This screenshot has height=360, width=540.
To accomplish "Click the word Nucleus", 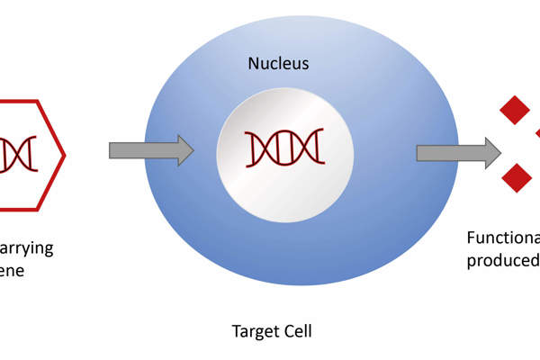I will pyautogui.click(x=278, y=64).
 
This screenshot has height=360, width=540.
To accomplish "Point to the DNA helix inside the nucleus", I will pyautogui.click(x=284, y=147).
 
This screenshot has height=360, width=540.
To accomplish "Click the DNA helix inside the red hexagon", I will pyautogui.click(x=17, y=152).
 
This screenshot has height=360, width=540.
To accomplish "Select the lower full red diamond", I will pyautogui.click(x=516, y=175).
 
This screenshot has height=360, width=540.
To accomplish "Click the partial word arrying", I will pyautogui.click(x=27, y=247).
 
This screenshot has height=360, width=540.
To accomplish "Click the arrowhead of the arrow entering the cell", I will pyautogui.click(x=184, y=150).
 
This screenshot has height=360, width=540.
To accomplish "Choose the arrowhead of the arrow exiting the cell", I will pyautogui.click(x=491, y=153).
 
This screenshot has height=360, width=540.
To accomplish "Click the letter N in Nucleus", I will pyautogui.click(x=253, y=64).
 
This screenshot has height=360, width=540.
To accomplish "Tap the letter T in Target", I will pyautogui.click(x=236, y=331).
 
